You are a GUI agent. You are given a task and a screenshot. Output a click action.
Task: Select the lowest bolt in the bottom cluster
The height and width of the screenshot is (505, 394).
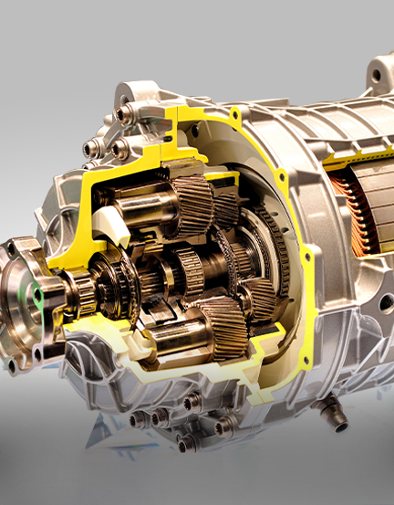click(x=186, y=444)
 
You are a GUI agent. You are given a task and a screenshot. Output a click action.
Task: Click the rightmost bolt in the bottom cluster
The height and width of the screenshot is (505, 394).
click(x=223, y=426)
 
